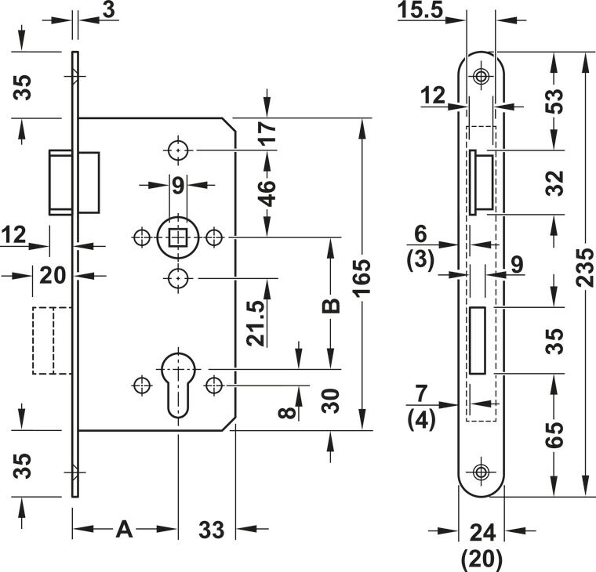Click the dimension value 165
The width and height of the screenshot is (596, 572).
362,277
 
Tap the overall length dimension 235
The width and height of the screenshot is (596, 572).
584,267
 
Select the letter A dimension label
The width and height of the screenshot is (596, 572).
124,530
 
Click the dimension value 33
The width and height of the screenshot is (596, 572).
211,530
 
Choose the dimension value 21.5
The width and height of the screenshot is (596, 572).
256,324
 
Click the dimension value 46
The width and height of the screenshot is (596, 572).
268,194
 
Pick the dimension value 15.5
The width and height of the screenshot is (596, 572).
420,10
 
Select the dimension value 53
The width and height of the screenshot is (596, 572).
554,101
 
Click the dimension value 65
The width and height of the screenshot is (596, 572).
554,435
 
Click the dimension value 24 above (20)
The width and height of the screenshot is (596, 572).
483,533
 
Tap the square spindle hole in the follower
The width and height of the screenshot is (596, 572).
177,237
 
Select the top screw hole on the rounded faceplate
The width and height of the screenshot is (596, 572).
481,75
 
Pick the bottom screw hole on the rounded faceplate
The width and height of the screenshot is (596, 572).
481,472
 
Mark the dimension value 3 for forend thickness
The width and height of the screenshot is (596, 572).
109,10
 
